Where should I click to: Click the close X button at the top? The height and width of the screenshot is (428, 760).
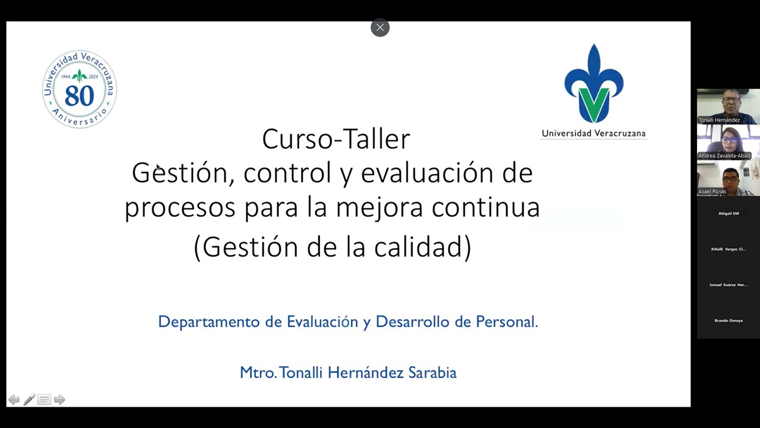pos(380,27)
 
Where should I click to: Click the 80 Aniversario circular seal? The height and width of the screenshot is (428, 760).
pos(80,89)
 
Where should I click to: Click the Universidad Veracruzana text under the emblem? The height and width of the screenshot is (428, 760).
pos(593,133)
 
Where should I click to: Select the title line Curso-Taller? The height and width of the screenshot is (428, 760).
pos(336,139)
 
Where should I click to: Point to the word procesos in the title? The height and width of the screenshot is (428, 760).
pos(180,207)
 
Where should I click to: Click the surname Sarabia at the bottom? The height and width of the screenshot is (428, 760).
pos(432,373)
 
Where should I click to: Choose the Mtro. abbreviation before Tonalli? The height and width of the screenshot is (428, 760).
pos(258,373)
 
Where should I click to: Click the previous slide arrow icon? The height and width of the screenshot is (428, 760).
pos(14,400)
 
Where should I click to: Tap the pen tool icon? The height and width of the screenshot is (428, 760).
pos(29,400)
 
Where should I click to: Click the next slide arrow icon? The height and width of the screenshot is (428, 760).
pos(59,400)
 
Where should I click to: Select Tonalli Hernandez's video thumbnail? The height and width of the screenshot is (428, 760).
pos(728,106)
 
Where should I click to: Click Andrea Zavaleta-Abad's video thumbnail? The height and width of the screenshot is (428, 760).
pos(728,143)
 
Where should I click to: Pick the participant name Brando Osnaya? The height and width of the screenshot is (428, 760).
pos(729,320)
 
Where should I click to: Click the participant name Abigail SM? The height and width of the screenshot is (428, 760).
pos(729,213)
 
